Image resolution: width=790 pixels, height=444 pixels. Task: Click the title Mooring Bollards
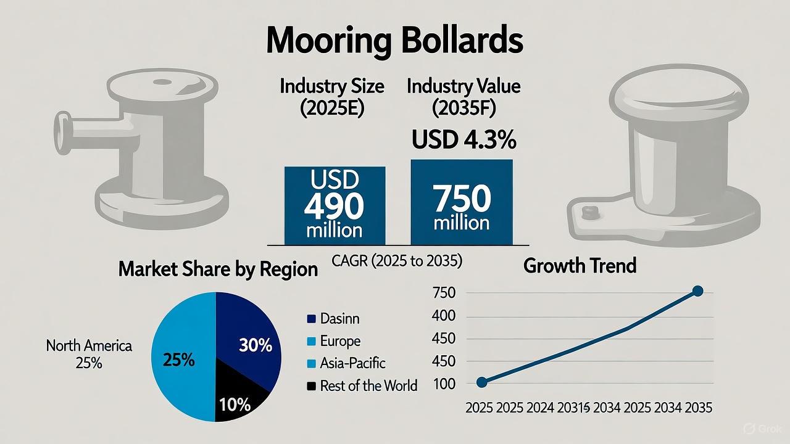pos(394,41)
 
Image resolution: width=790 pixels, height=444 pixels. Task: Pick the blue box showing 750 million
pos(462,204)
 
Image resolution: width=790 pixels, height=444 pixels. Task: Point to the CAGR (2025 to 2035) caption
pos(397,261)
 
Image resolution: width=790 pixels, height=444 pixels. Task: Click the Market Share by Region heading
pos(218,269)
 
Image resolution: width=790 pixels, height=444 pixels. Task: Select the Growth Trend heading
pos(580,266)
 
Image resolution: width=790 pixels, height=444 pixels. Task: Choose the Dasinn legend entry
pos(333,319)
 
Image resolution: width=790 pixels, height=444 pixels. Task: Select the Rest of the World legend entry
pos(362,386)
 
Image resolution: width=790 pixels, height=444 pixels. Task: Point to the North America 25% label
pos(89,354)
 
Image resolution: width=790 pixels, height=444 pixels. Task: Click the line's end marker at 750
pos(697,291)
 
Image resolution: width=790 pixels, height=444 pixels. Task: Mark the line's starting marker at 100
pos(483,382)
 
